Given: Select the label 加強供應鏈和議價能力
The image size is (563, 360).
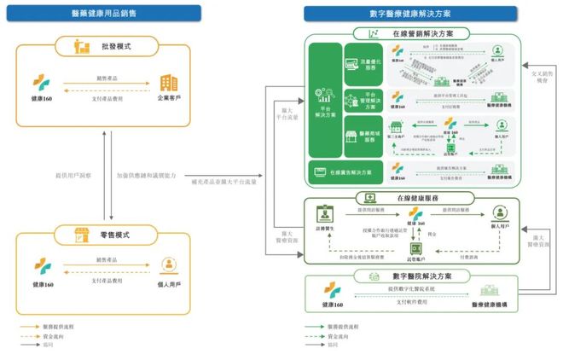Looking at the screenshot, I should (146, 176).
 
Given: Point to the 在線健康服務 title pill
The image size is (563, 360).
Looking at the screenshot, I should (413, 198).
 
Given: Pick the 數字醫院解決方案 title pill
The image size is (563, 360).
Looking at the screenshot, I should (413, 276).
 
